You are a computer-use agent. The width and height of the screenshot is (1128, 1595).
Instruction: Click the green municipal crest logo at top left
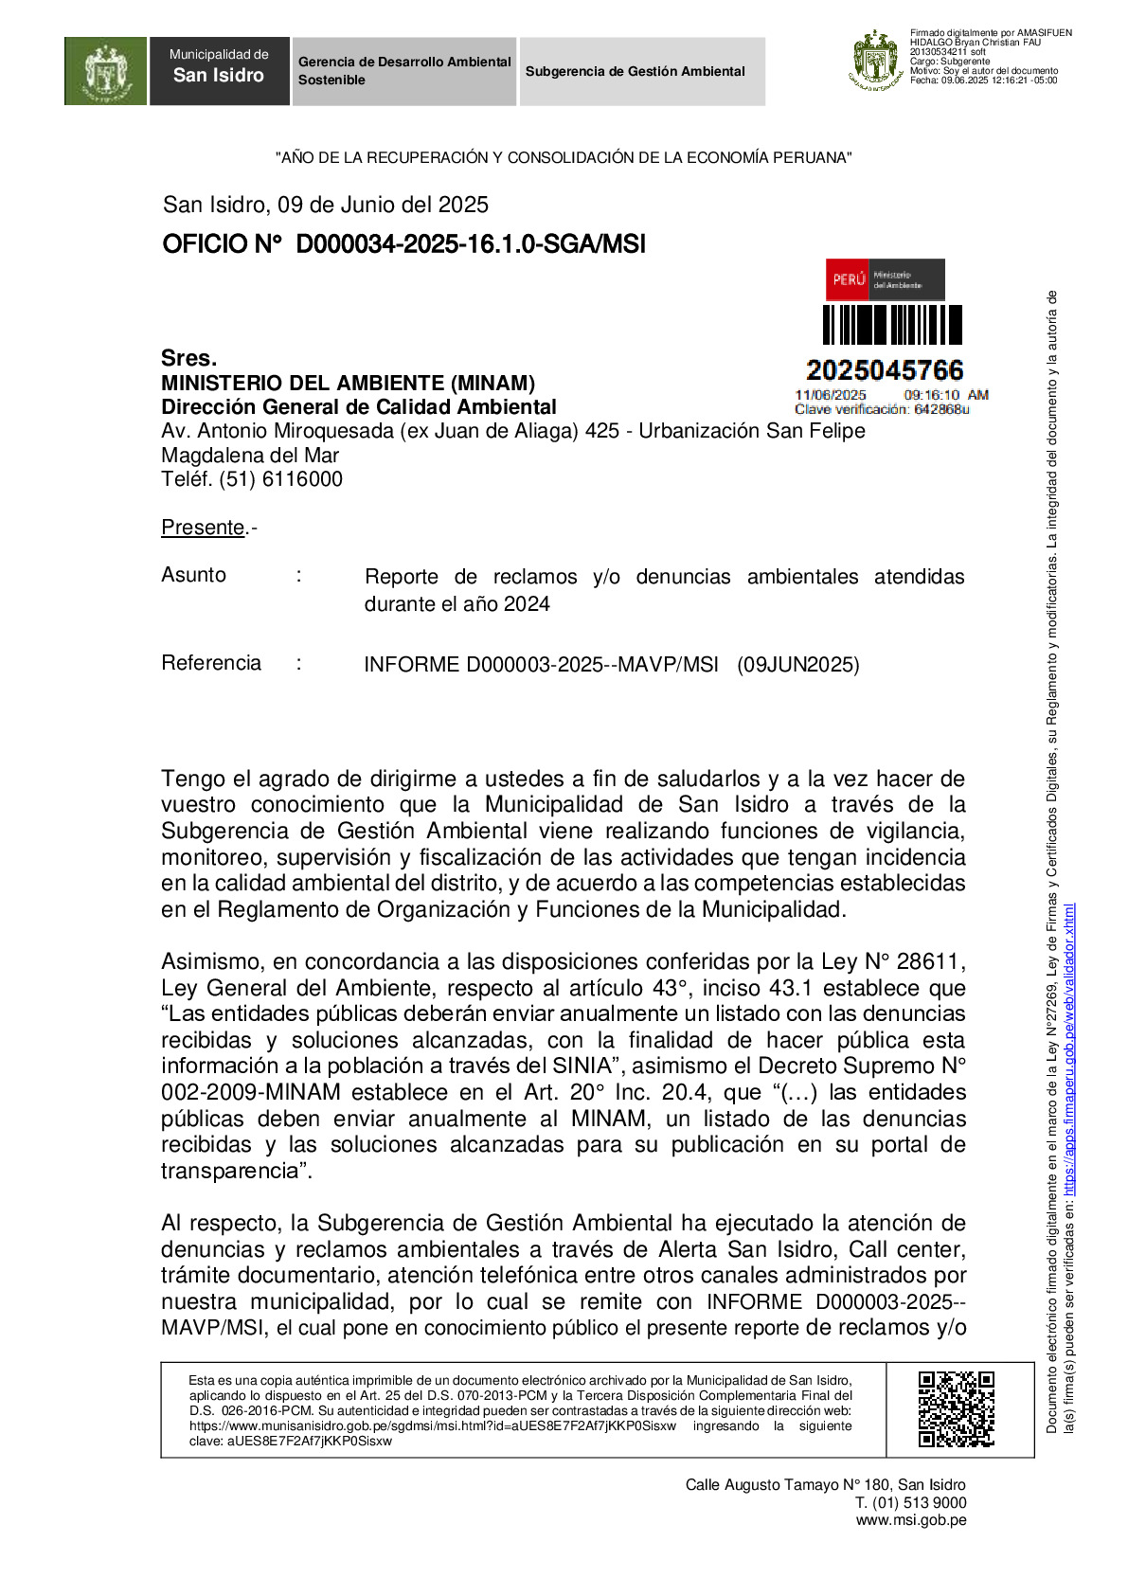(x=105, y=71)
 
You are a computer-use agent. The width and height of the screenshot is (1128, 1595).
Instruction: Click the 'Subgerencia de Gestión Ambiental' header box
(x=641, y=71)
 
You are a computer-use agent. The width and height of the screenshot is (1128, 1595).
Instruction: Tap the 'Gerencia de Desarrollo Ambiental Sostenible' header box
(x=404, y=71)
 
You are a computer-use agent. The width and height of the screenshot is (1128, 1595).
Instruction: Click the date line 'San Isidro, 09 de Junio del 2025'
(x=326, y=205)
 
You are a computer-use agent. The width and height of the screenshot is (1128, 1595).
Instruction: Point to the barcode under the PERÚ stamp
(x=891, y=325)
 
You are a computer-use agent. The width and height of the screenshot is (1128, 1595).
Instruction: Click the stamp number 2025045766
(x=885, y=370)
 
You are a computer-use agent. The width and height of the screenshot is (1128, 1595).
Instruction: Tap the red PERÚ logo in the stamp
(x=849, y=279)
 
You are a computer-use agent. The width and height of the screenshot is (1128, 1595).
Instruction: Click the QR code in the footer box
(x=956, y=1409)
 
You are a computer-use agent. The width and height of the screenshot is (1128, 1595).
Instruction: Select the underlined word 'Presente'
(x=203, y=528)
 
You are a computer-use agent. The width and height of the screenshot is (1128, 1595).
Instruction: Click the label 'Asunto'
(x=194, y=575)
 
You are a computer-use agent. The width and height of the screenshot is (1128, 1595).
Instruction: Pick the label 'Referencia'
(x=211, y=663)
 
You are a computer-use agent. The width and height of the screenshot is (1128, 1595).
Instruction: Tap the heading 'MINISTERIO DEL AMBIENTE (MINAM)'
(x=348, y=383)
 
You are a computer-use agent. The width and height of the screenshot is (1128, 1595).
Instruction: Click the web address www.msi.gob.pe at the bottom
(x=911, y=1520)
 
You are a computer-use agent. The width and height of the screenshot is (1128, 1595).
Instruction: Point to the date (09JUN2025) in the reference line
(x=798, y=665)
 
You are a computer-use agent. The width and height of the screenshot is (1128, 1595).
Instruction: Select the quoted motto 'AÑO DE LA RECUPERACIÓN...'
(x=564, y=158)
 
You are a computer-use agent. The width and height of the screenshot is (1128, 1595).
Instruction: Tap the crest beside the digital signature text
(x=875, y=60)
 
